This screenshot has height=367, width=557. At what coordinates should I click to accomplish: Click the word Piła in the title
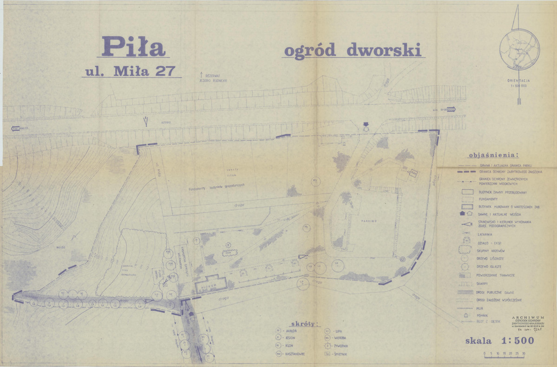point(133,46)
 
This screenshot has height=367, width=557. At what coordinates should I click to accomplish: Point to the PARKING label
point(370,221)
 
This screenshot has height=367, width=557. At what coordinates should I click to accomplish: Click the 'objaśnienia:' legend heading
point(493,155)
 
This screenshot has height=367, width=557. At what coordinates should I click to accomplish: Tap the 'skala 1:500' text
point(499,340)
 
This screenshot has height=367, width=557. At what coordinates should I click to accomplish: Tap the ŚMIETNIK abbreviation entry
point(341,354)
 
